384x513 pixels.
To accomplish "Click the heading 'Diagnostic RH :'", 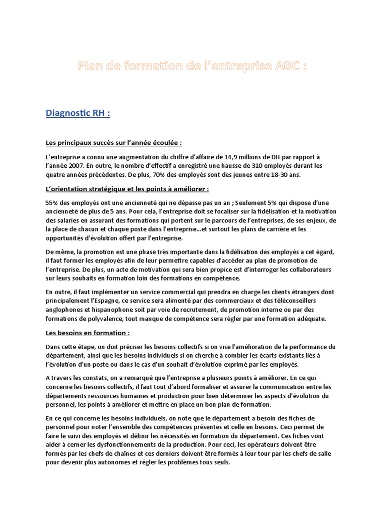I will point(77,113).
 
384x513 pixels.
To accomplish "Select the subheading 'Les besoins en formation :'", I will point(87,333).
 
